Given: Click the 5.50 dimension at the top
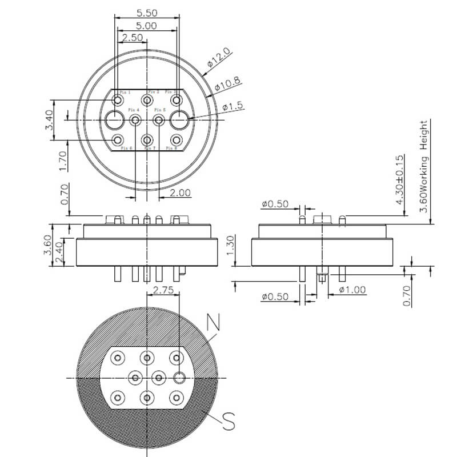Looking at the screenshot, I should [147, 12].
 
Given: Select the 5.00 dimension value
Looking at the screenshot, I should [147, 26].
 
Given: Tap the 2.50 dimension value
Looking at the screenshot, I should [133, 38].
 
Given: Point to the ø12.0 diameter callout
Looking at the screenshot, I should [219, 58].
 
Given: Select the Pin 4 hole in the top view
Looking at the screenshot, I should [135, 120].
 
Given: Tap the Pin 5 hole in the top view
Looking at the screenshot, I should [159, 120].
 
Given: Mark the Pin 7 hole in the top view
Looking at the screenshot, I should [147, 139].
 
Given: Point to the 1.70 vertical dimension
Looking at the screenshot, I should [63, 161].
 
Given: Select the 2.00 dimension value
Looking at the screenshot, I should [180, 193].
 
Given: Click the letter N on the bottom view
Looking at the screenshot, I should [214, 323].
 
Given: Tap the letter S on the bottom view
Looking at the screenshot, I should [228, 423].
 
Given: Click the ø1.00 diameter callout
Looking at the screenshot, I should [352, 290].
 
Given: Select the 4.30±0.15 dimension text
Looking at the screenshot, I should [399, 181].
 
